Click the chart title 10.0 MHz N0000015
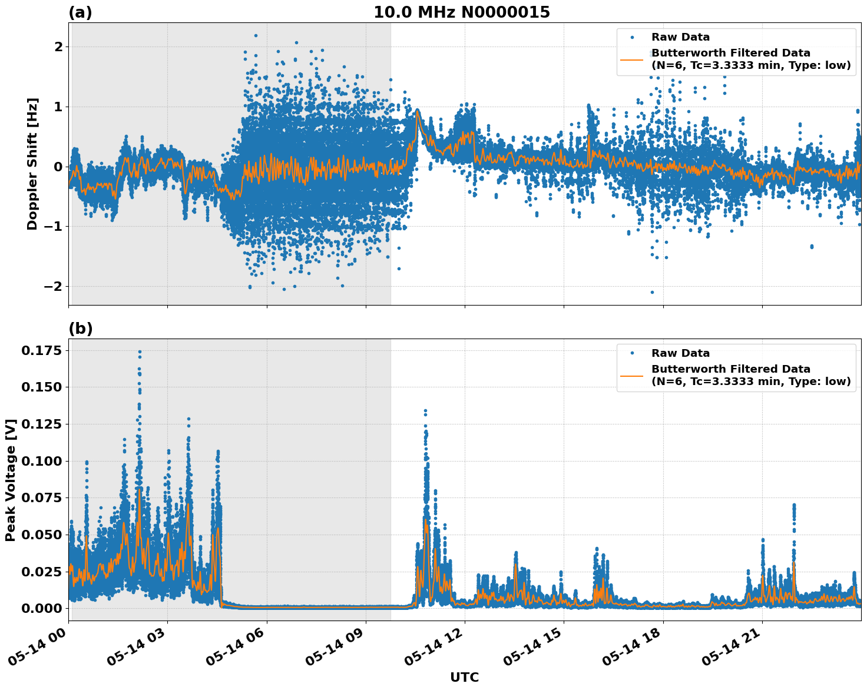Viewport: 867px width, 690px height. coord(461,12)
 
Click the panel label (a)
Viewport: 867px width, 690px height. coord(80,12)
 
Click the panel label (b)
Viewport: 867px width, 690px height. coord(80,329)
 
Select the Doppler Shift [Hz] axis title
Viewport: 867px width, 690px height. coord(32,164)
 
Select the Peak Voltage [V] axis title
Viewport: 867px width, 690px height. coord(11,480)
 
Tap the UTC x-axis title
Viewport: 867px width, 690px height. coord(464,678)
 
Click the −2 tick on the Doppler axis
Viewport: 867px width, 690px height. coord(54,287)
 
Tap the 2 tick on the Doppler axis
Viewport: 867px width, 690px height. coord(58,47)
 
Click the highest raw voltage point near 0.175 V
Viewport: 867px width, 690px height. coord(140,351)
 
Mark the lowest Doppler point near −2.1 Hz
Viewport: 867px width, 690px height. coord(652,292)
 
